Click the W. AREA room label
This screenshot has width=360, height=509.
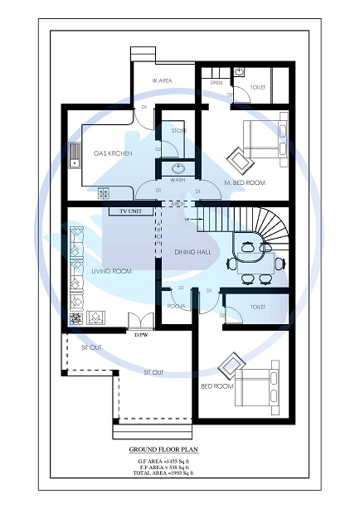162,80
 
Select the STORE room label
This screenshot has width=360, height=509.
179,131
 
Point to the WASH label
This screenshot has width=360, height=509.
178,179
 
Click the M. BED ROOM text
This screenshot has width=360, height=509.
245,182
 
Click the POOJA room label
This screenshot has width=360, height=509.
176,306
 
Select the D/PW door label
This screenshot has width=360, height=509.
142,335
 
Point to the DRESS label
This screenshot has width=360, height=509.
216,84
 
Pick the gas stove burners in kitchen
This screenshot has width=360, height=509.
104,193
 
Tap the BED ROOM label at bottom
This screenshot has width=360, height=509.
217,386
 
